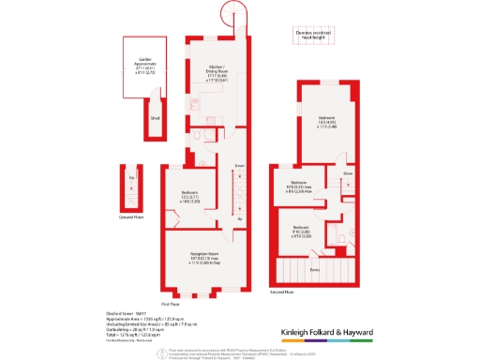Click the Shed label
click(x=156, y=118)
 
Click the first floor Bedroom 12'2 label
click(x=188, y=198)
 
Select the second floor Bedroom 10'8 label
click(x=301, y=185)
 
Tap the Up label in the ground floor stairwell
click(x=130, y=176)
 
